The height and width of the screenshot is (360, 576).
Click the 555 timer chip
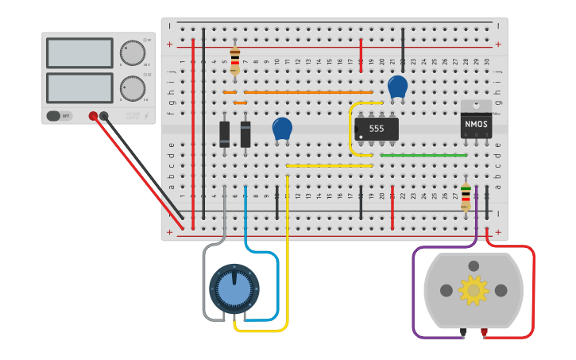pos(377,128)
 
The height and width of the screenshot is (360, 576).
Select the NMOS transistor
pos(476,124)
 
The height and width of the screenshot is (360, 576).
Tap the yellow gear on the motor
pos(474,291)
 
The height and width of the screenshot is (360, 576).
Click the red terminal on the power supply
pos(93,116)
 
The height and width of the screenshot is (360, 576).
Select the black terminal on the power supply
pos(104,116)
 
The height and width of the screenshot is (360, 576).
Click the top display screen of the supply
pos(79,53)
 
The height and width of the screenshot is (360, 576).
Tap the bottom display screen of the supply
pos(79,87)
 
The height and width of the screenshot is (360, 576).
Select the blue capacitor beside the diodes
pos(282,128)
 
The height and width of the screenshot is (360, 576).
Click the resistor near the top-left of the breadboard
pos(234,60)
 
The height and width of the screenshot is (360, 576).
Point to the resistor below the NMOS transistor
pos(466,195)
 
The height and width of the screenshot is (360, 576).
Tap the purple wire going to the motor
pos(414,294)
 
